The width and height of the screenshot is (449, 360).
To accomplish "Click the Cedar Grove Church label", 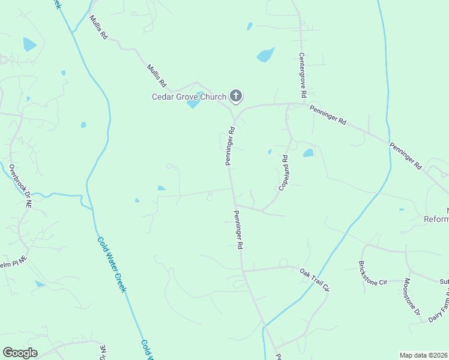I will click(188, 97).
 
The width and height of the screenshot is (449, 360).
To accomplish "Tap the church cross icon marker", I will click(236, 95).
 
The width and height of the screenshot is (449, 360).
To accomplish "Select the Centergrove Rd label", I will click(303, 75).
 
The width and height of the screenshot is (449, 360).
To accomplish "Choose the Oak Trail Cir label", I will click(315, 280).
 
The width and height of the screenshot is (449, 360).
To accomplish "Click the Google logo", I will click(20, 353).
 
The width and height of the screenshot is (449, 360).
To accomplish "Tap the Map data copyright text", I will click(424, 355).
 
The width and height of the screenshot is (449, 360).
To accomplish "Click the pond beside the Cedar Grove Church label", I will click(193, 104).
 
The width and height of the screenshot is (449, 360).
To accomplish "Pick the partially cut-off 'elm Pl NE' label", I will click(13, 262).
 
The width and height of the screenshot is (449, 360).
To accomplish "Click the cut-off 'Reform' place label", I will click(436, 219).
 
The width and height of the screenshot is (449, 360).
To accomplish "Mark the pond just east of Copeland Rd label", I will click(308, 153).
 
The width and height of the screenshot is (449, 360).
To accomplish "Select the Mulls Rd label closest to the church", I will click(155, 77).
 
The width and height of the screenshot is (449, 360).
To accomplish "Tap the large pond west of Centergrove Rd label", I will click(265, 55).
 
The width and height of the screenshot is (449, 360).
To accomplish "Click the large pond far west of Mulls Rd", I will click(29, 44).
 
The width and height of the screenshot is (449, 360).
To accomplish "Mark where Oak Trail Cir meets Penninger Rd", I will click(244, 271).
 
